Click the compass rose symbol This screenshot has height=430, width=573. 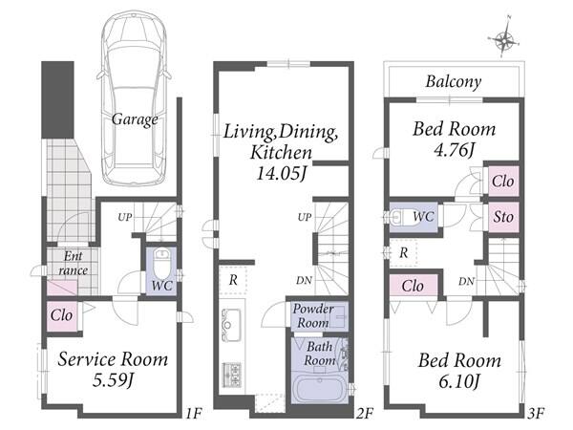point(504,38)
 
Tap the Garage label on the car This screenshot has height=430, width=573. point(135,119)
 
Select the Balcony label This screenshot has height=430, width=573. point(454,81)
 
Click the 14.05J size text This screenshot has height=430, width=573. point(282,173)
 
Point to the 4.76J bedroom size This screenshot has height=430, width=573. point(454,149)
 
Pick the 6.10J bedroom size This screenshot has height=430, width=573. point(459,381)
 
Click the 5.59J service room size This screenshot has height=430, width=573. point(113,380)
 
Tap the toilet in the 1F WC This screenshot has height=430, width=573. point(161,263)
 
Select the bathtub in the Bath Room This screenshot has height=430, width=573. point(319,388)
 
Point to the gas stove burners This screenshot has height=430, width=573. point(232,375)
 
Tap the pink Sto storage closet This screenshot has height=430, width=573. point(503,217)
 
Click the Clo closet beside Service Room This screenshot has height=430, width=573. point(61,315)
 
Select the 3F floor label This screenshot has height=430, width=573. point(536,414)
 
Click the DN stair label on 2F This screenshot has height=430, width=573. point(304,280)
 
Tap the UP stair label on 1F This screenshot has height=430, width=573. point(124,217)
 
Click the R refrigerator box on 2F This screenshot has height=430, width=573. point(233,280)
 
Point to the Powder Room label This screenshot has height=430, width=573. point(313,316)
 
